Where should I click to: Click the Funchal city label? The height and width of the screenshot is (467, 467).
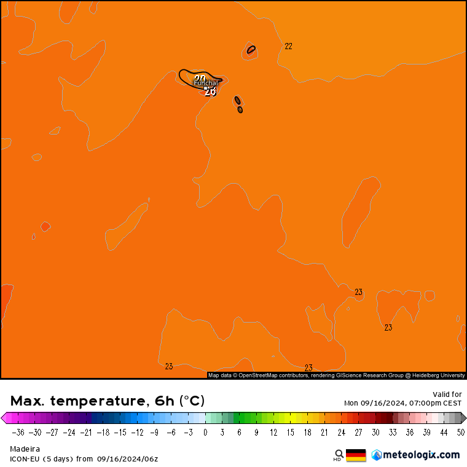(206, 83)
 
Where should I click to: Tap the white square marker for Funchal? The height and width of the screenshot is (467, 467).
(206, 88)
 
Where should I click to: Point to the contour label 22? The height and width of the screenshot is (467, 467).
(288, 46)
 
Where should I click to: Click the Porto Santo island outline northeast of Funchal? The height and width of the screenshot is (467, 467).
(251, 50)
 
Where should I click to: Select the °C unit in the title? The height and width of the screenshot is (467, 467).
(192, 401)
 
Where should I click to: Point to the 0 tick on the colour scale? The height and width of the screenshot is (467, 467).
(205, 433)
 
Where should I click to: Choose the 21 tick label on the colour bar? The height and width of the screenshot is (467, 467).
(324, 433)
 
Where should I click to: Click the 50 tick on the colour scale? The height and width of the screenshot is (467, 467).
(460, 433)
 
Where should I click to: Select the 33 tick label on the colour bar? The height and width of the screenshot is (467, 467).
(393, 433)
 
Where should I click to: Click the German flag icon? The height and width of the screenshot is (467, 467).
(356, 455)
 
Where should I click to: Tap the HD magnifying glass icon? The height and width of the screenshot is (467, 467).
(339, 455)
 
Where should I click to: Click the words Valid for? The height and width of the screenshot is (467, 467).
(447, 394)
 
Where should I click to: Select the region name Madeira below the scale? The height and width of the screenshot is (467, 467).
(25, 449)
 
